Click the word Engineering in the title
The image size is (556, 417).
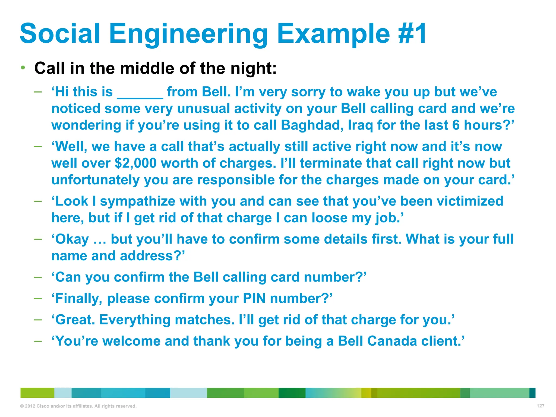189,34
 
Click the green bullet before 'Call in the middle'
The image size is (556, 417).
23,67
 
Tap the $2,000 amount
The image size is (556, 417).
136,163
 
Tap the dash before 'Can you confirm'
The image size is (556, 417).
38,277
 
